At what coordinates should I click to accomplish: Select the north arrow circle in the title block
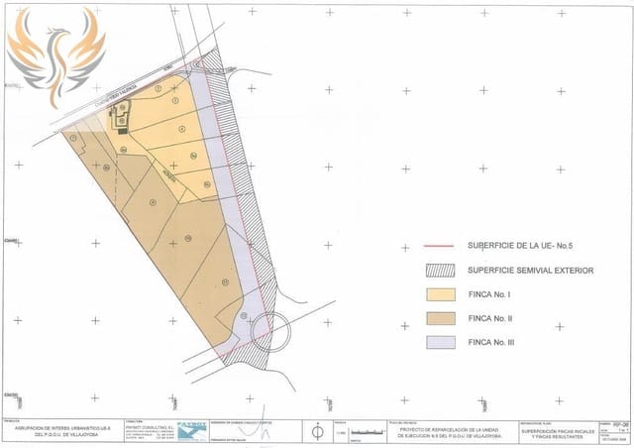(318, 431)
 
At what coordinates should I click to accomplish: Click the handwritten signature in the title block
(260, 433)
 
